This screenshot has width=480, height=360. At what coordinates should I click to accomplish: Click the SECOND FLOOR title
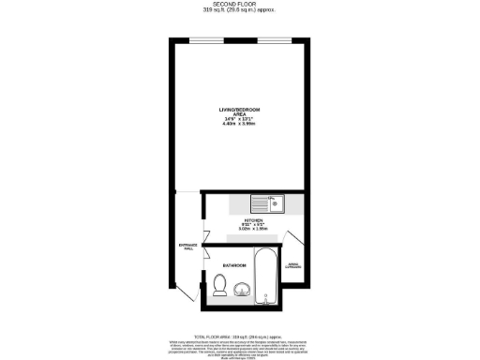[240, 5]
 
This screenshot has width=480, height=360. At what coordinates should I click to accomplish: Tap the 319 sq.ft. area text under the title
[240, 11]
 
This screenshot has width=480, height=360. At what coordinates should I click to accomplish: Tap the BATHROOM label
[234, 266]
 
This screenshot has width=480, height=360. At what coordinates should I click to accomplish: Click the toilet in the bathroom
[219, 290]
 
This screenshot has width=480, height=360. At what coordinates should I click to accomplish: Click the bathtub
[267, 278]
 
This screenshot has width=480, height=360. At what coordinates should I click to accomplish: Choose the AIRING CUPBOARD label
[293, 265]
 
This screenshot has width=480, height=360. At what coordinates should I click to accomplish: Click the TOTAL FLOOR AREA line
[240, 335]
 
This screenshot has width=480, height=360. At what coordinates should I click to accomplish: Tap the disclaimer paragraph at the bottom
[240, 348]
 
